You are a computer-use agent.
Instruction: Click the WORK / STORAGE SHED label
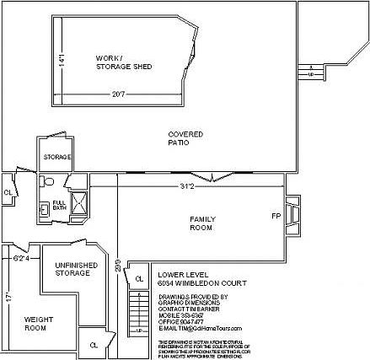[x=123, y=62]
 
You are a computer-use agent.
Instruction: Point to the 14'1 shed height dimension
[x=61, y=61]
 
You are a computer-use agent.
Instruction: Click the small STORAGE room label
[x=57, y=157]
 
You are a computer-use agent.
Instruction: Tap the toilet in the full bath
[x=47, y=181]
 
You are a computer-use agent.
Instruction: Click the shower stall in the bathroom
[x=79, y=203]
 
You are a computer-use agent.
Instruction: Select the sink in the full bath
[x=44, y=209]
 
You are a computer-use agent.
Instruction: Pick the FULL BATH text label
[x=59, y=205]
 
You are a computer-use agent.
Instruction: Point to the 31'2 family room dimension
[x=186, y=185]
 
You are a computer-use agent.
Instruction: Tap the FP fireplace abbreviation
[x=276, y=216]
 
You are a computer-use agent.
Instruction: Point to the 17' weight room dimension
[x=8, y=298]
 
